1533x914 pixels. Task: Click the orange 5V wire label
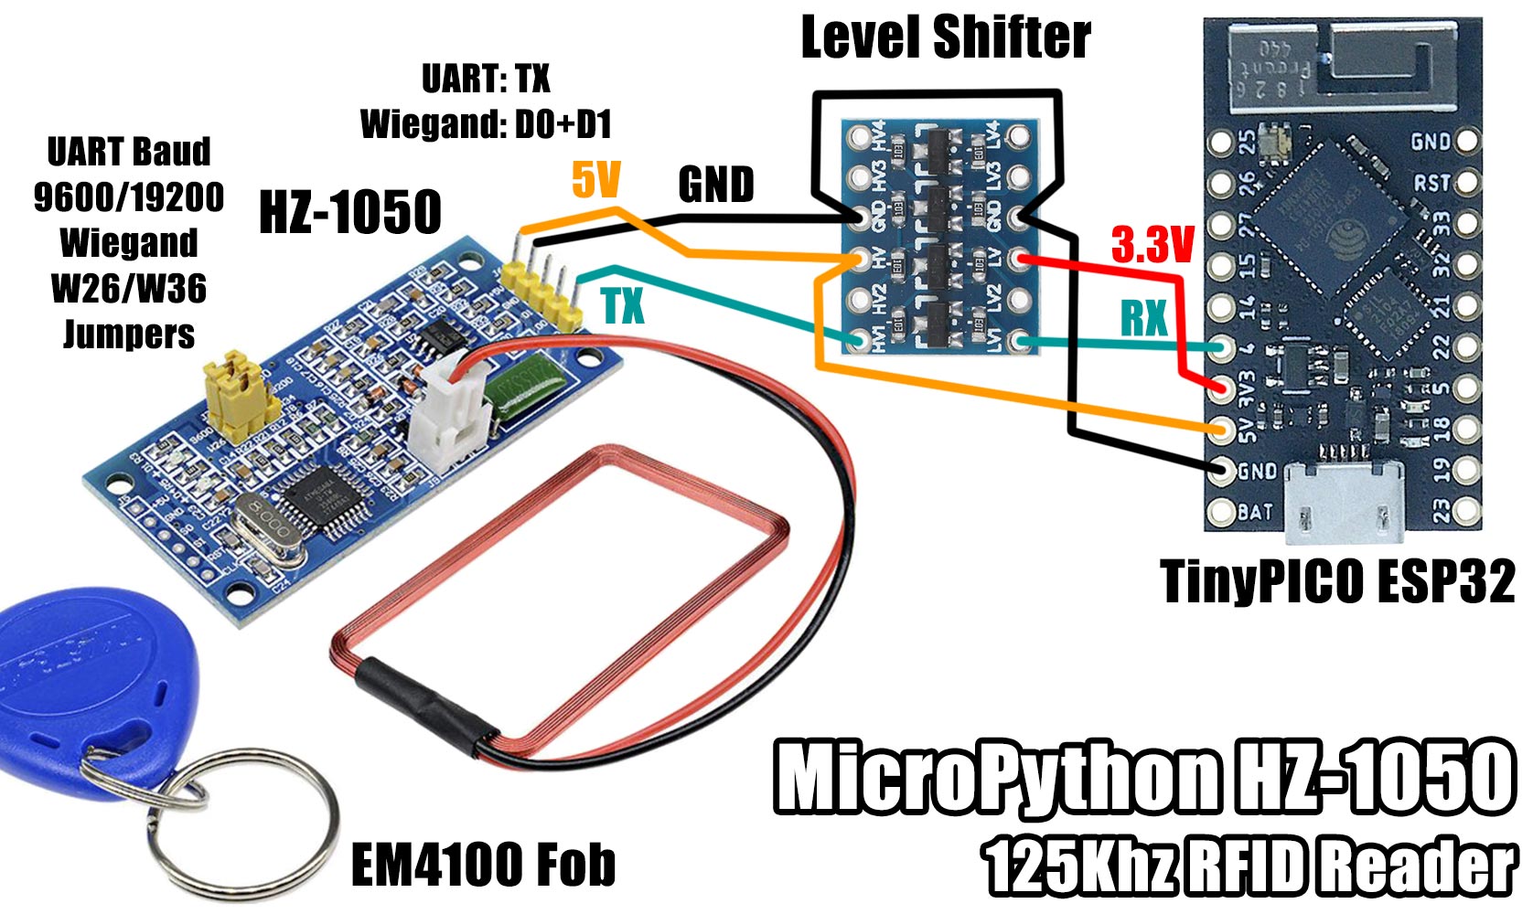596,180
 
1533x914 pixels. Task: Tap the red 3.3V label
1152,245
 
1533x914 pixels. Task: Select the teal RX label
1144,318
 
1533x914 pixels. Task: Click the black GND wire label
716,186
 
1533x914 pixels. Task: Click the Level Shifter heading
946,37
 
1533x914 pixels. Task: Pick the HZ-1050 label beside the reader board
350,212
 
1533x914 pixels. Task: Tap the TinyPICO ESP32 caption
1337,581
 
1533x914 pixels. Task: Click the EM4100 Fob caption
483,865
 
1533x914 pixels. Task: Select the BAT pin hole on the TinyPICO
1220,513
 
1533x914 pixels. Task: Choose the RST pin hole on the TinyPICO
1467,183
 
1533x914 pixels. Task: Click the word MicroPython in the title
997,777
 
